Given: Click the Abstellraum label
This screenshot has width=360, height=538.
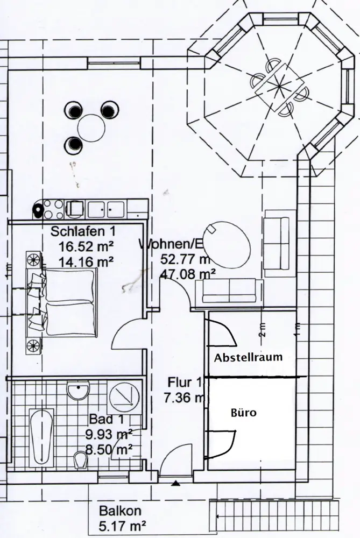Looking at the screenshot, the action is click(x=248, y=357).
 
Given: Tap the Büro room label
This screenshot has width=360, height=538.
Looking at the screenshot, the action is click(x=244, y=413).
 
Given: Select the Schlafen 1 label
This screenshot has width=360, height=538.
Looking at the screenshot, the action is click(x=83, y=232).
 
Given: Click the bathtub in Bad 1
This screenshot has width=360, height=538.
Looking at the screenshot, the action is click(x=41, y=436).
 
